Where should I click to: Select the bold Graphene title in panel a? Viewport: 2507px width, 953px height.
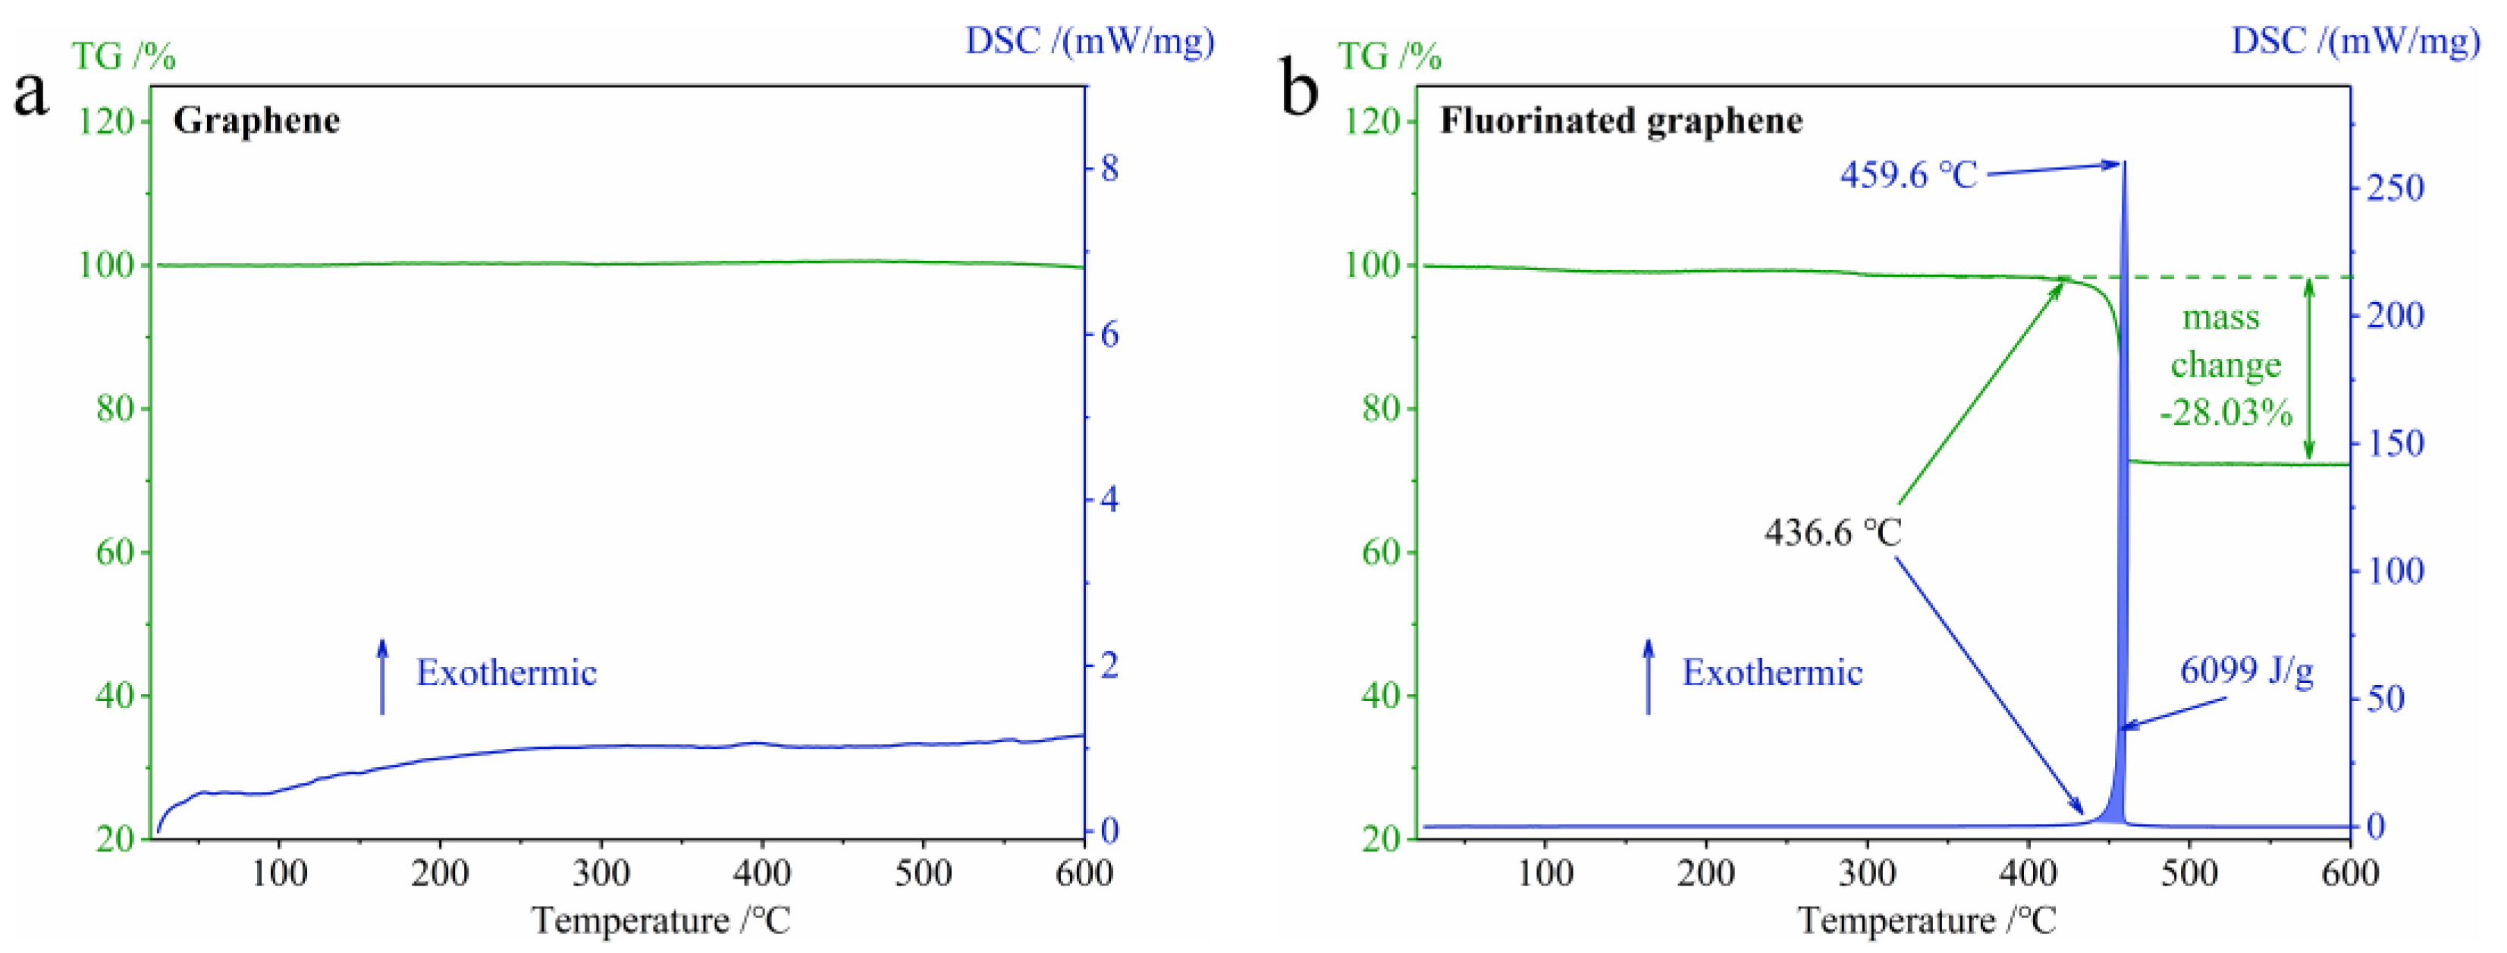(x=257, y=121)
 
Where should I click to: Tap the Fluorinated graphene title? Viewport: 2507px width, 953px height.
(x=1621, y=121)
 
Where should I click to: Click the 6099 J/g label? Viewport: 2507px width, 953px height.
(x=2246, y=670)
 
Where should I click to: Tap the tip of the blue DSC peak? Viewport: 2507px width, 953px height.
(x=2123, y=162)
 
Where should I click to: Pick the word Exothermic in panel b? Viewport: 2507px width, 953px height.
(x=1772, y=673)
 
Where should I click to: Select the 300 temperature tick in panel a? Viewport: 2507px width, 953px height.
(x=601, y=873)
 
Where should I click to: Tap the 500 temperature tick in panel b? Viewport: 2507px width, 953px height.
(x=2189, y=873)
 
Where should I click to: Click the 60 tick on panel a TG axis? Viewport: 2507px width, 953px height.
(x=115, y=552)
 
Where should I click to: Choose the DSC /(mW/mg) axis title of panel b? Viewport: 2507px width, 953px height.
(x=2355, y=41)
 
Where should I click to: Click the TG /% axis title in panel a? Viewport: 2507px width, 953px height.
(x=124, y=56)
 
